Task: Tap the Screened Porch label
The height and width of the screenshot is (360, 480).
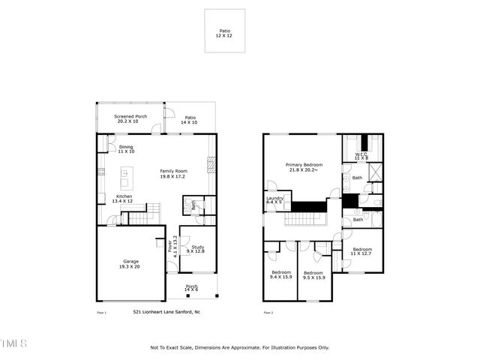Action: [x=130, y=119]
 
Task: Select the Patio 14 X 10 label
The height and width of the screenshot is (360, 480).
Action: [x=190, y=119]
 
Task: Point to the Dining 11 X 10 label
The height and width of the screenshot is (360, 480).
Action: [x=126, y=149]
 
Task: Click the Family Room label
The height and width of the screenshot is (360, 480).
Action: [x=173, y=173]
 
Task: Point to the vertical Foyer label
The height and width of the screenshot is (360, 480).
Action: [x=175, y=246]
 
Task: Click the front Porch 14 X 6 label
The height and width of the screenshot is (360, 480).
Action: [x=191, y=288]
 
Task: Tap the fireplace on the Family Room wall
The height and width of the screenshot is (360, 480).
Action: [x=211, y=163]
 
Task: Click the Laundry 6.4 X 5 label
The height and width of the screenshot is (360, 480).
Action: [x=274, y=199]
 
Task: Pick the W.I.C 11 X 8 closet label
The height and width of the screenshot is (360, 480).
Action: [x=361, y=156]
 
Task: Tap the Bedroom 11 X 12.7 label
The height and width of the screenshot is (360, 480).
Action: [x=362, y=251]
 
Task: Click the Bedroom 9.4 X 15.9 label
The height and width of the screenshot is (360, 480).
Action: [x=280, y=274]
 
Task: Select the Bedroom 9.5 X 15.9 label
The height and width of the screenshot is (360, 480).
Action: [x=313, y=274]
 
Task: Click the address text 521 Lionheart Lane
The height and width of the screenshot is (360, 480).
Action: [x=166, y=311]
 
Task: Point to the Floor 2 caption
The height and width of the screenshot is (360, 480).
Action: [x=268, y=312]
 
